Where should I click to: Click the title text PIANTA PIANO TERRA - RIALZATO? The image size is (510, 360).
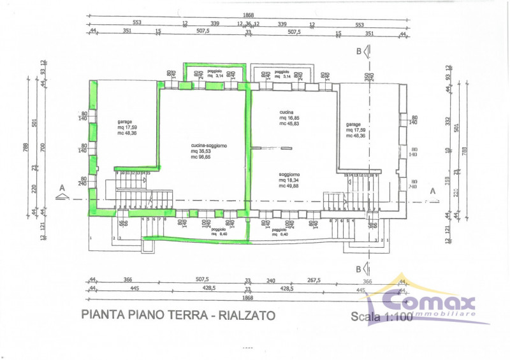(178, 315)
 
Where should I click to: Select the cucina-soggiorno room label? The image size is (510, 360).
(208, 146)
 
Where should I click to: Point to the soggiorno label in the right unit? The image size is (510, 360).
(289, 174)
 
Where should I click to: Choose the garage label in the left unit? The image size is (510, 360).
(125, 121)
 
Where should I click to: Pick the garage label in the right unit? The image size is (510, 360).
(353, 125)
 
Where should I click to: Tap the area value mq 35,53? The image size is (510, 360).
(208, 152)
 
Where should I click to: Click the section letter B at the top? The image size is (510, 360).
(359, 51)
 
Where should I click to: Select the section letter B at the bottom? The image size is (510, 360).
(359, 268)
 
